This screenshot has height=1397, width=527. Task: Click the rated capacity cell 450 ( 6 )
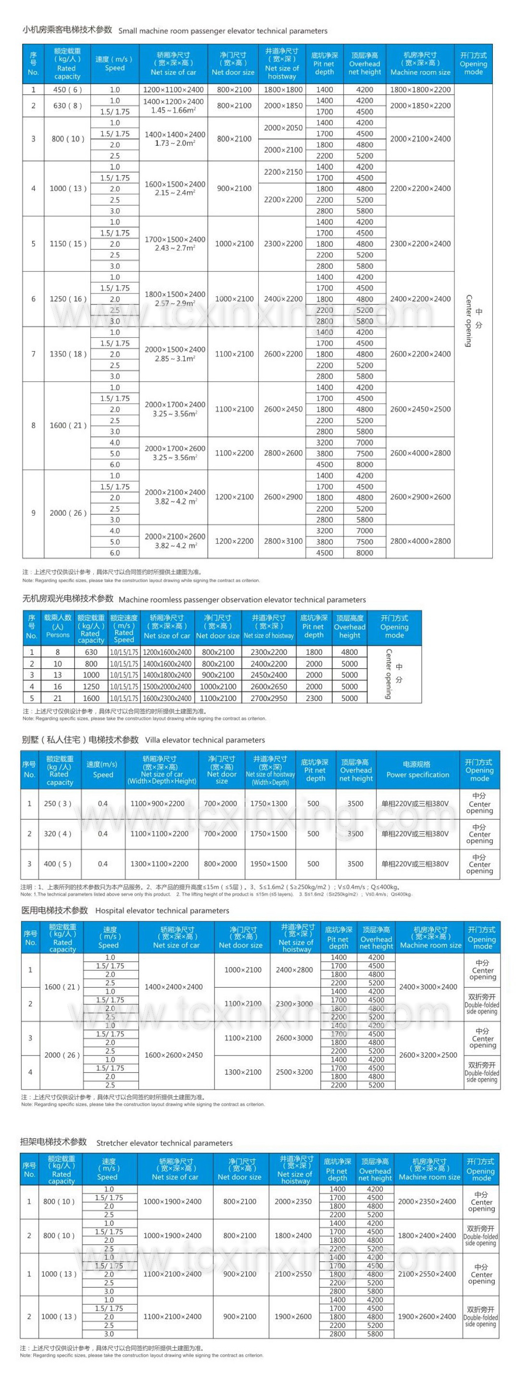pos(67,89)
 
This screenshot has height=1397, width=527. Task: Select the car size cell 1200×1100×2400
pos(174,89)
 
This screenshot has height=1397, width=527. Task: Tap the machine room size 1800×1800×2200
pos(420,89)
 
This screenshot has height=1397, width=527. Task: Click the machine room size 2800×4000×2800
pos(420,541)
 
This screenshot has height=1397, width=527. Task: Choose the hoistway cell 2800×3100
pos(283,541)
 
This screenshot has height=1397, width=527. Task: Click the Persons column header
pos(58,626)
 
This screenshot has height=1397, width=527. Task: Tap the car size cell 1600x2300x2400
pos(167,698)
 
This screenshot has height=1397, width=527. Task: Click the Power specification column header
pos(417,770)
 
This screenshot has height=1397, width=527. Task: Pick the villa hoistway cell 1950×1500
pos(269,864)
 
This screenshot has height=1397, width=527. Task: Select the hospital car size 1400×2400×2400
pos(174,987)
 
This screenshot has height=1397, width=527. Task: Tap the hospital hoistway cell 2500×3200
pos(294,1072)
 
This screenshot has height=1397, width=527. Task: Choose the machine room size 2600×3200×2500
pos(428,1055)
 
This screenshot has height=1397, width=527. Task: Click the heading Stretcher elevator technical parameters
pos(164,1143)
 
